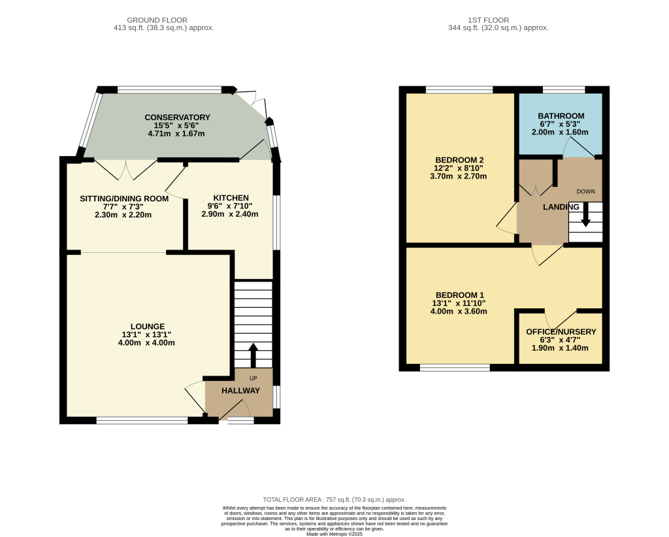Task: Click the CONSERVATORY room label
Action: pyautogui.click(x=177, y=118)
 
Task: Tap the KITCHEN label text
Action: pyautogui.click(x=231, y=198)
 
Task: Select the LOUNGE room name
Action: pyautogui.click(x=148, y=327)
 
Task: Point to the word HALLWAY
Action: pyautogui.click(x=240, y=391)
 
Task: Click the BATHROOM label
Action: pyautogui.click(x=561, y=116)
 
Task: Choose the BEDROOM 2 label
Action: pyautogui.click(x=459, y=160)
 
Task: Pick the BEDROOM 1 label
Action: pyautogui.click(x=460, y=295)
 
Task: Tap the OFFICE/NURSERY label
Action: pyautogui.click(x=561, y=332)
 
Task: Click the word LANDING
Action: pyautogui.click(x=561, y=207)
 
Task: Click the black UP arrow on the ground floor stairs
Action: pyautogui.click(x=253, y=355)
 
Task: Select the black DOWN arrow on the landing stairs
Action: pyautogui.click(x=586, y=214)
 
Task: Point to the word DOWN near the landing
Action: pyautogui.click(x=586, y=191)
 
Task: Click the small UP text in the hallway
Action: pyautogui.click(x=253, y=378)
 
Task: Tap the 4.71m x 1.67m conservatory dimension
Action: pyautogui.click(x=176, y=133)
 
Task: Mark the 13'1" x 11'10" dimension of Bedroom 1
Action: pyautogui.click(x=459, y=303)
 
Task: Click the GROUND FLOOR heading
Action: pyautogui.click(x=157, y=20)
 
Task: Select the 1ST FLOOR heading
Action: pyautogui.click(x=489, y=20)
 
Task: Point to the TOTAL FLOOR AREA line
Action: pyautogui.click(x=334, y=500)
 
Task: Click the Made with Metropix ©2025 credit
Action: pyautogui.click(x=334, y=534)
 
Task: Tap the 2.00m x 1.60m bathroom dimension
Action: pyautogui.click(x=560, y=132)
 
